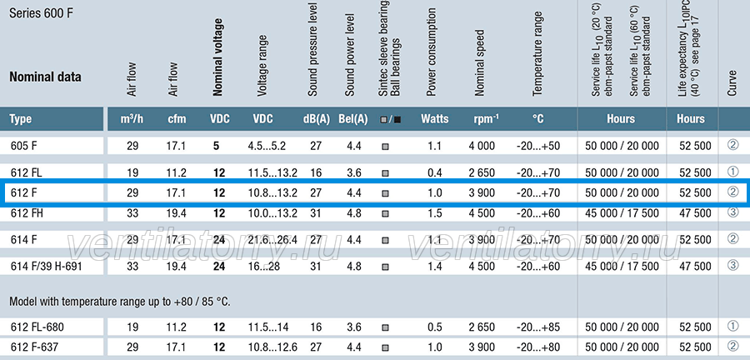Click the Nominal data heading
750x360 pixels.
tap(46, 77)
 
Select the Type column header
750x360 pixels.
tap(22, 119)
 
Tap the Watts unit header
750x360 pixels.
tap(435, 118)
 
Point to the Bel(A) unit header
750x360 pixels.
tap(353, 119)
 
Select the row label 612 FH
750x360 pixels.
tap(27, 213)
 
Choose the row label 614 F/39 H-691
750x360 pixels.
tap(47, 266)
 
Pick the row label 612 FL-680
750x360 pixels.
tap(37, 327)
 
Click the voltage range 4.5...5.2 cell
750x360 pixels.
tap(267, 146)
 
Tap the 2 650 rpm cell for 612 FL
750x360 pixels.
tap(482, 173)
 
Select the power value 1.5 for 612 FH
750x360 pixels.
tap(435, 213)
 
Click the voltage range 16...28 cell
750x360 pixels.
tap(263, 266)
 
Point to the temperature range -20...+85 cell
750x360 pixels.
tap(538, 327)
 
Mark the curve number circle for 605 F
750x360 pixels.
tap(732, 145)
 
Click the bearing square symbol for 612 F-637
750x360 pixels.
tap(385, 347)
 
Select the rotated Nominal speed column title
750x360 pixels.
tap(480, 63)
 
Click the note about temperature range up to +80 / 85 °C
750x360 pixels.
tap(120, 302)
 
